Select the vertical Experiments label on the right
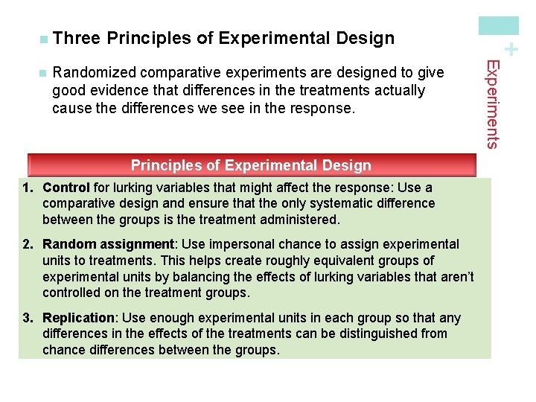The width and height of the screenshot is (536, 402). [x=491, y=104]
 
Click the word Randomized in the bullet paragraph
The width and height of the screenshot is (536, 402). [x=94, y=73]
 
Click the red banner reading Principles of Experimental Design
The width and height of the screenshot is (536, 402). [x=251, y=165]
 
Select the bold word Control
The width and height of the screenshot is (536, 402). [x=66, y=188]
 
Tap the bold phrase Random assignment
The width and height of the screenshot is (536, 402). [x=109, y=244]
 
